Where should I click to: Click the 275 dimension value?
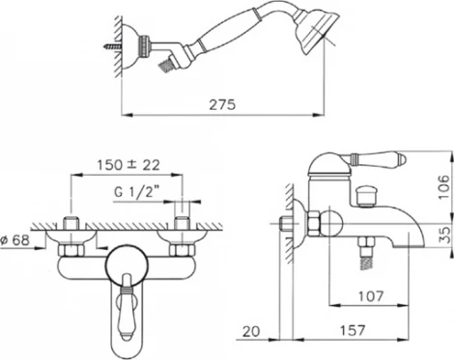222,104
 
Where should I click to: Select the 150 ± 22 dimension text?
128,165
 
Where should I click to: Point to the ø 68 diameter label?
15,240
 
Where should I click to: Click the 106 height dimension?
443,187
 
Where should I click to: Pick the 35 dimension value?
443,235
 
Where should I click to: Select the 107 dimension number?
371,296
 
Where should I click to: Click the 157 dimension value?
353,330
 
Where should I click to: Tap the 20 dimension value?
251,331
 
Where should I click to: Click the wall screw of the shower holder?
113,47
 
